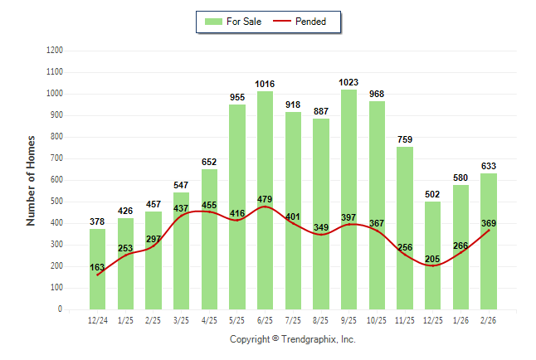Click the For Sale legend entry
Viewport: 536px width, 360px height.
(235, 22)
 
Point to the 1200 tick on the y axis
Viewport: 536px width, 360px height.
(55, 51)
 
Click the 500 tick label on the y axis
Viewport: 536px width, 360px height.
(57, 202)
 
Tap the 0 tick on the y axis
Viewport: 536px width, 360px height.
(61, 309)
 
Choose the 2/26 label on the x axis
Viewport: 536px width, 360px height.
(488, 319)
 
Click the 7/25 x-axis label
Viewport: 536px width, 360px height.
(293, 319)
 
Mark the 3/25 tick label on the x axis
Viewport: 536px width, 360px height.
(181, 319)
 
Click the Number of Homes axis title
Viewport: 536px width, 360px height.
(32, 180)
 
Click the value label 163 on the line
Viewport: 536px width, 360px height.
(98, 267)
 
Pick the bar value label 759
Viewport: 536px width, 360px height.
(404, 139)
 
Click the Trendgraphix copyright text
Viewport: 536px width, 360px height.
(292, 339)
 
